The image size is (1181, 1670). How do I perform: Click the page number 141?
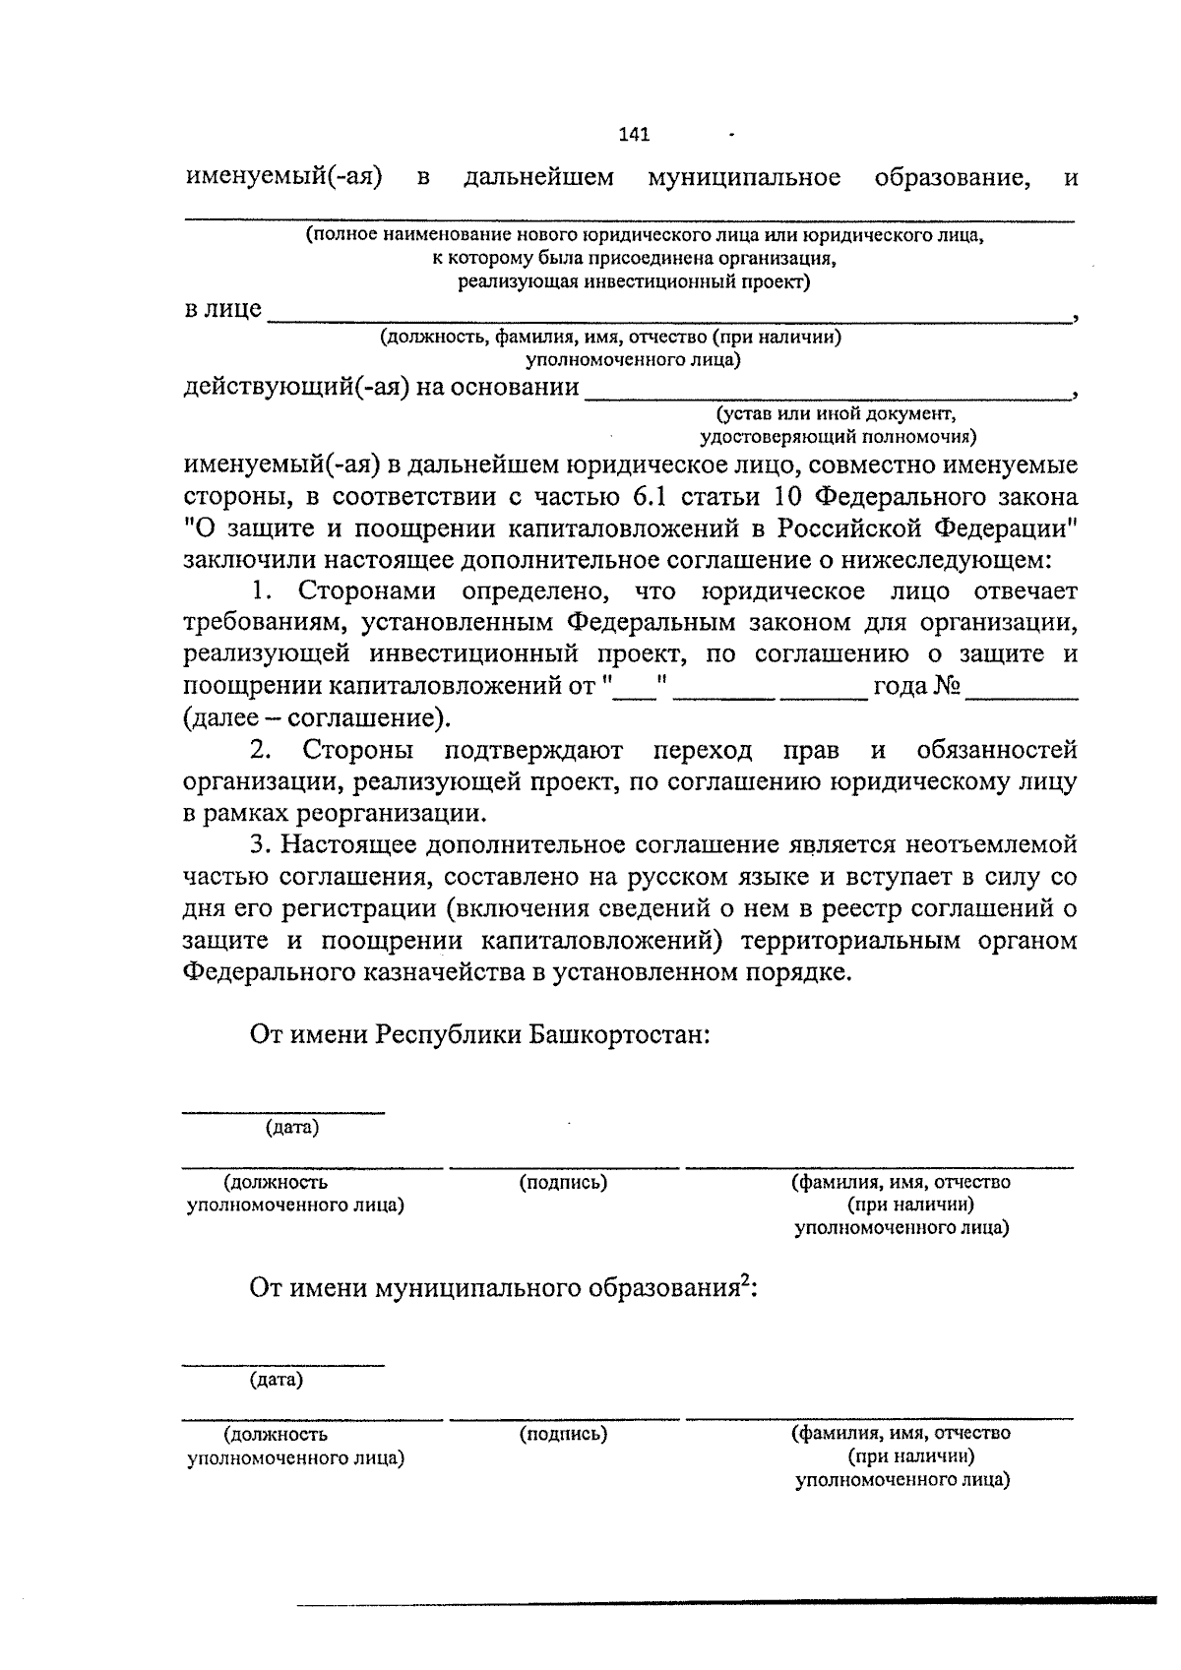point(635,135)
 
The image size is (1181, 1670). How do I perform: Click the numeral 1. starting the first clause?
point(261,591)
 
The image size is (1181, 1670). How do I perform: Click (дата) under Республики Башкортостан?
point(291,1128)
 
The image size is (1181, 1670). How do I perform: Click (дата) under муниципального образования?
point(276,1380)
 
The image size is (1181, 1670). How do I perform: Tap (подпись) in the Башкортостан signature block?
point(563,1183)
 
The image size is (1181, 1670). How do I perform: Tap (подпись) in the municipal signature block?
point(563,1435)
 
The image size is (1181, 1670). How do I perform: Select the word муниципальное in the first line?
point(744,178)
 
